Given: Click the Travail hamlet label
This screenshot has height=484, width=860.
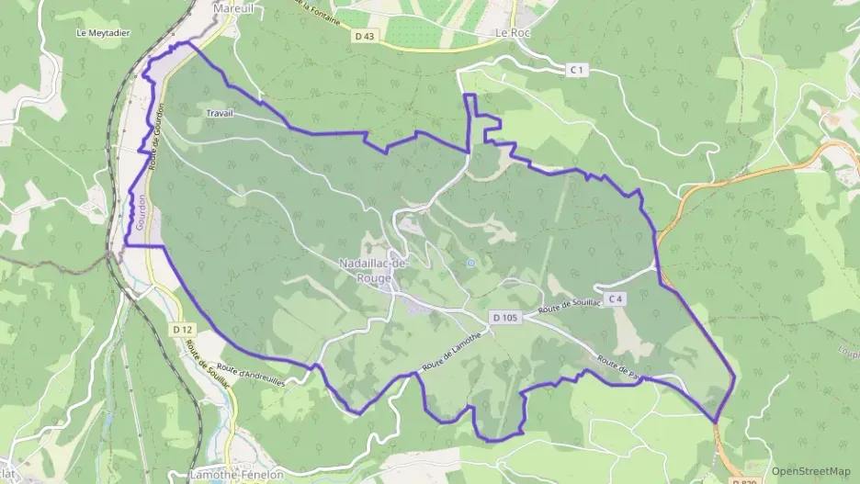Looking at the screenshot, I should pyautogui.click(x=221, y=112).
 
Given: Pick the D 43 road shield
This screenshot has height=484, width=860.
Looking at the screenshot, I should pyautogui.click(x=365, y=36).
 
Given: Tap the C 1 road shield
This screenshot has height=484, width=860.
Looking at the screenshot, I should pyautogui.click(x=577, y=69).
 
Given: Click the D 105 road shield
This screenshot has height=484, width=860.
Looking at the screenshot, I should pyautogui.click(x=504, y=318).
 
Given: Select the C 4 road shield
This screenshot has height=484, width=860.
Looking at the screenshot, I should pyautogui.click(x=615, y=299).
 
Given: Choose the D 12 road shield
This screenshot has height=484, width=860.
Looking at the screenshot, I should pyautogui.click(x=182, y=329).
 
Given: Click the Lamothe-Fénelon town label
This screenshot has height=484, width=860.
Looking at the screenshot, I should pyautogui.click(x=236, y=475).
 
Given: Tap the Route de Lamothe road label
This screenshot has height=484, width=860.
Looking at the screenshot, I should pyautogui.click(x=453, y=353).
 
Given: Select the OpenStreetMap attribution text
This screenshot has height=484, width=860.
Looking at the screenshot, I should pyautogui.click(x=811, y=470).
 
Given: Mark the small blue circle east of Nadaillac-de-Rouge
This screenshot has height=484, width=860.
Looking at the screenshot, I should pyautogui.click(x=471, y=263).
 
